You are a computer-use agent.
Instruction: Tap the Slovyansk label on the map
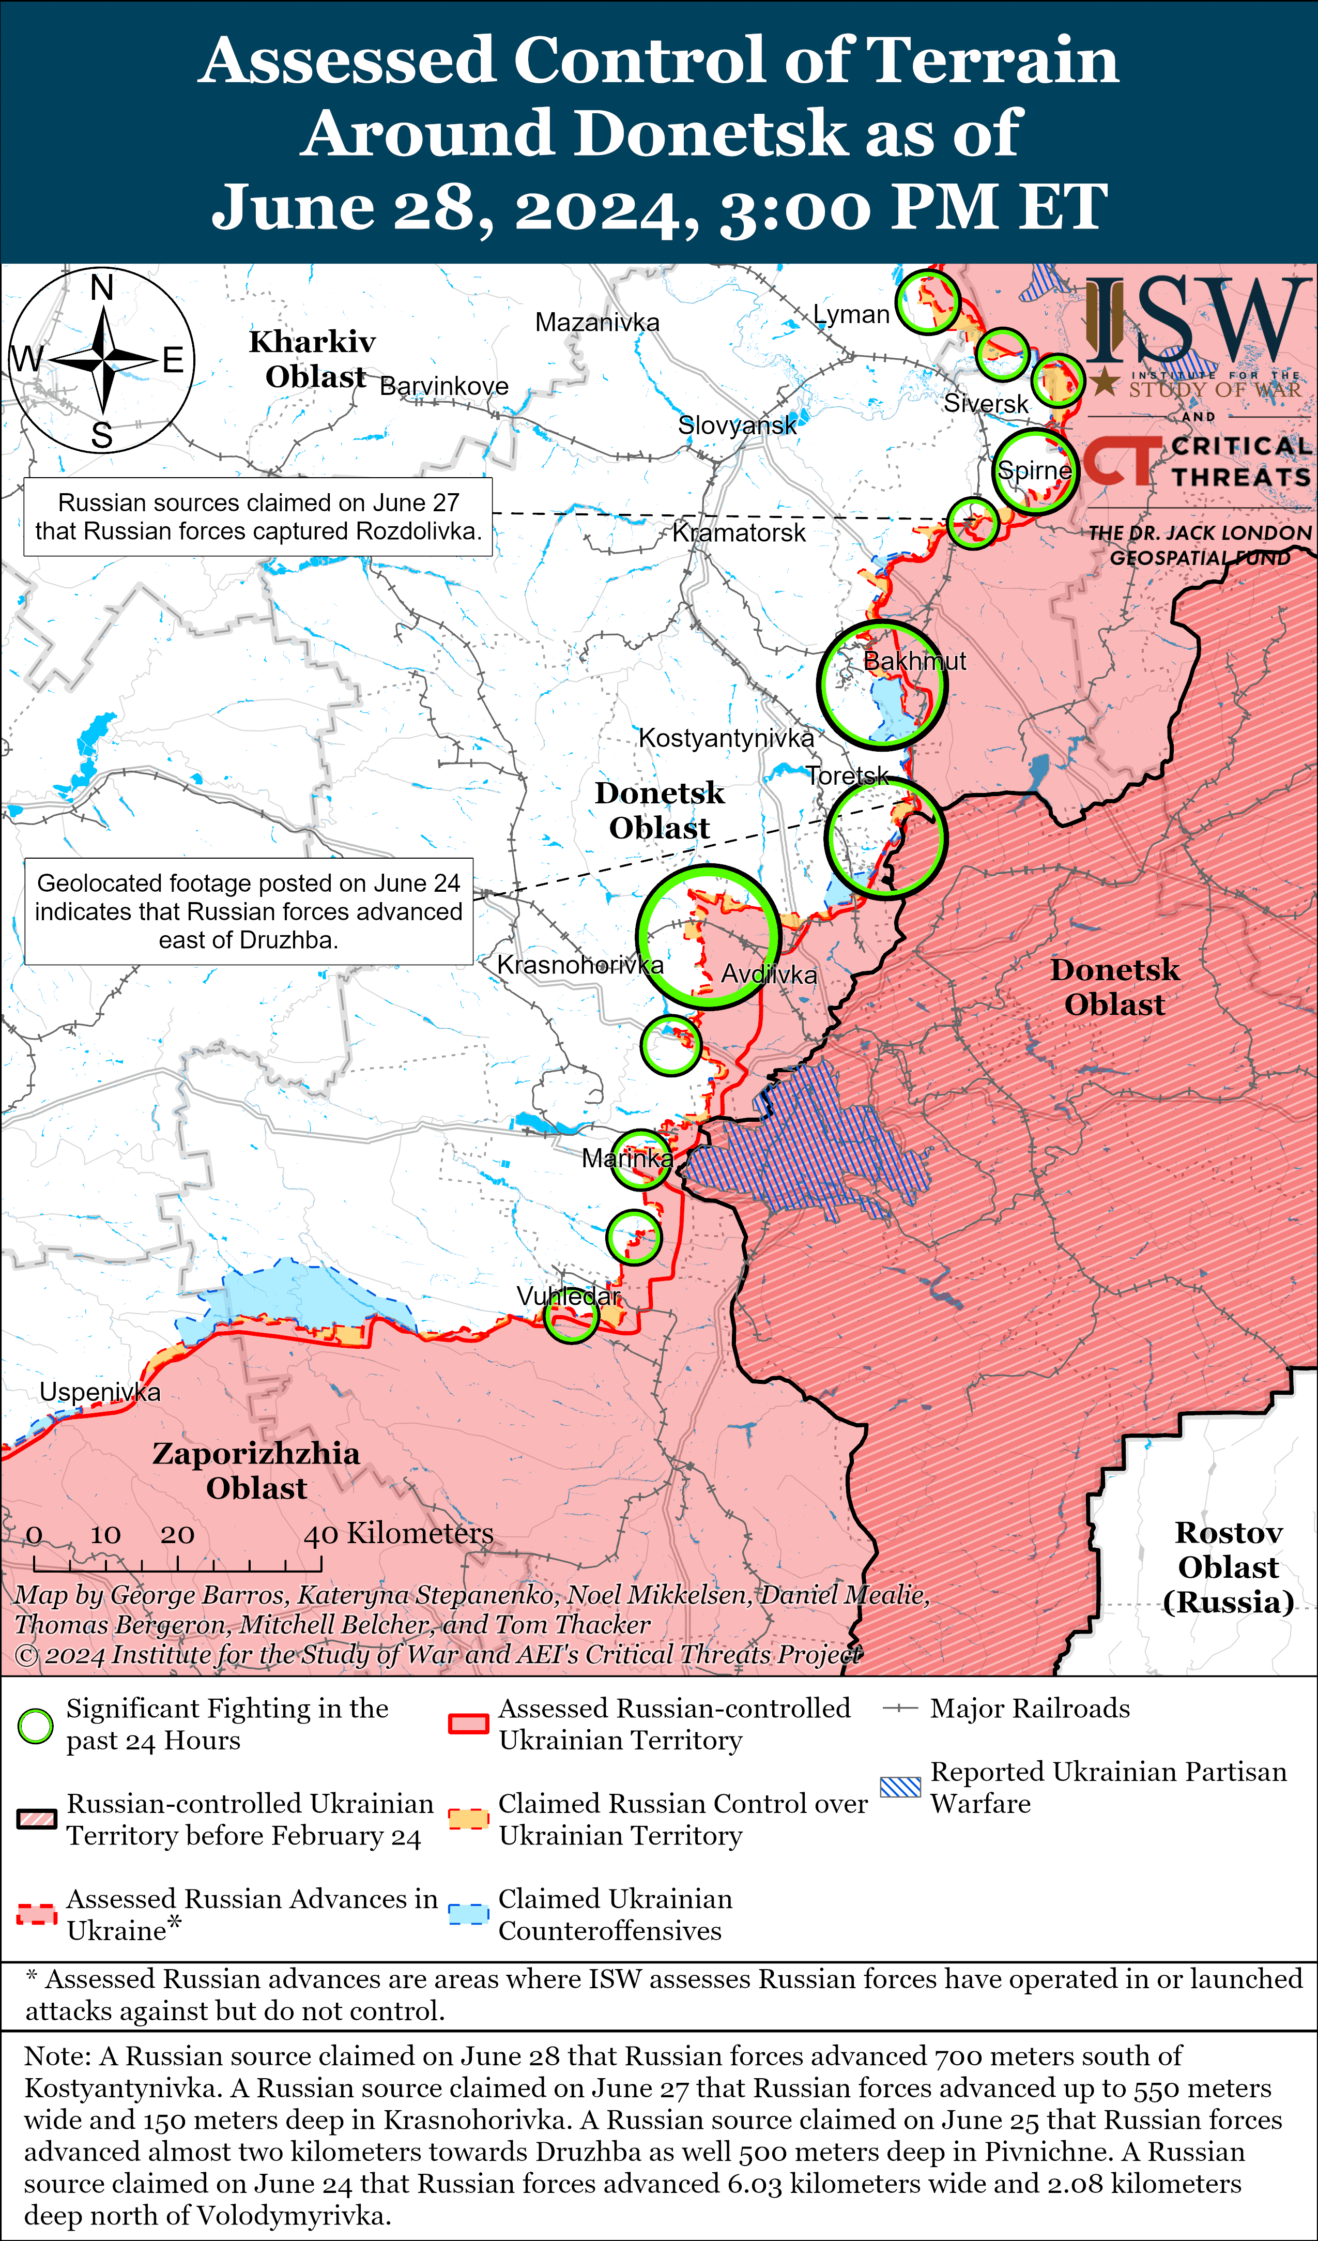tap(737, 425)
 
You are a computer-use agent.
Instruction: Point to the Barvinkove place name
tap(444, 386)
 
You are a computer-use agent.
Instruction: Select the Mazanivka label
tap(597, 322)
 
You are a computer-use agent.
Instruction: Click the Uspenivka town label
tap(100, 1392)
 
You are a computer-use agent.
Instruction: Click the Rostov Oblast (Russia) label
tap(1228, 1567)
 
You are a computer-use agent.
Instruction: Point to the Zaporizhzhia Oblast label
tap(256, 1470)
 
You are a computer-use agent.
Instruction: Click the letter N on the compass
tap(102, 288)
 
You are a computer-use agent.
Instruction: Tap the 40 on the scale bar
tap(320, 1534)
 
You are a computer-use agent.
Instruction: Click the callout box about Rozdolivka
tap(258, 516)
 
